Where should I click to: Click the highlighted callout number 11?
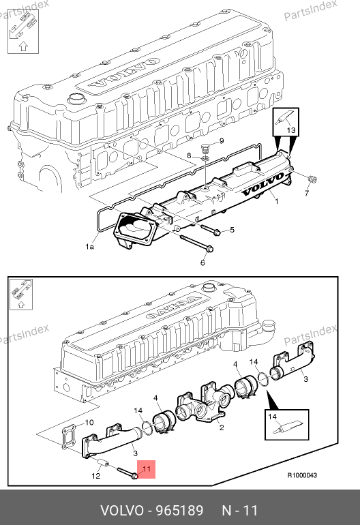147,468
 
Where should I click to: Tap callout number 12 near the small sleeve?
95,476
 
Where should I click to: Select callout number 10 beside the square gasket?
89,423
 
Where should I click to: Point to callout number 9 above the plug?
222,141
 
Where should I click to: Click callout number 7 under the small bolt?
306,193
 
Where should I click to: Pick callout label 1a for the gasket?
89,247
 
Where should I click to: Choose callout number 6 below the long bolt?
202,262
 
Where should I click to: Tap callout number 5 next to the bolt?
232,230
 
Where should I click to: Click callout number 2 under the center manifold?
222,427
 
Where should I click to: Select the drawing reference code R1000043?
302,475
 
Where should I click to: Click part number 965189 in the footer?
180,511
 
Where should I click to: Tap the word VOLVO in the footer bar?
122,511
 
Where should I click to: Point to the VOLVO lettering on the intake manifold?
263,185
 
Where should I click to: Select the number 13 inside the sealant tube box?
291,130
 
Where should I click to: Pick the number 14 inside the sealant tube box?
272,417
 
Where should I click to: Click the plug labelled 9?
206,148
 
